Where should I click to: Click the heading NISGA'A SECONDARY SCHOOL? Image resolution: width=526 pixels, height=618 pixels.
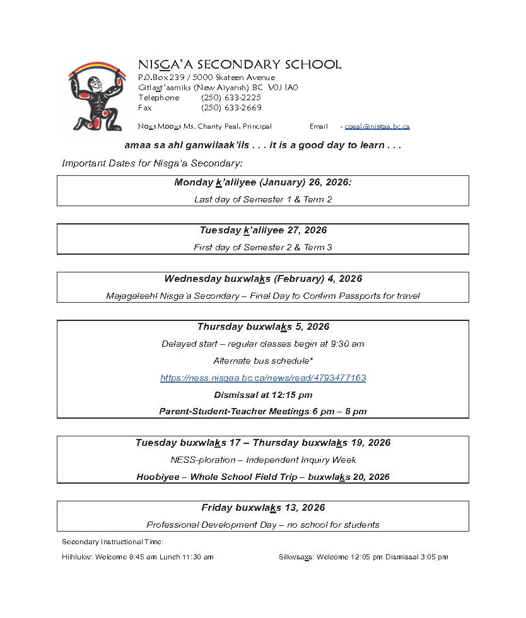(x=240, y=65)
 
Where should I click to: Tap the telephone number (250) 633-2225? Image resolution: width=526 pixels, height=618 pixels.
(x=231, y=98)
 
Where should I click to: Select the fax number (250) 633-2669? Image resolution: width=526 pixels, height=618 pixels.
(x=231, y=108)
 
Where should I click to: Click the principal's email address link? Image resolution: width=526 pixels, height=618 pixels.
(x=377, y=126)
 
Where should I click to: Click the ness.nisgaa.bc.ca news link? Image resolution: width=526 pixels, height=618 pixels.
(x=263, y=378)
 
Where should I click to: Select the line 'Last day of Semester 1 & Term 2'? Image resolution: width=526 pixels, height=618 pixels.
(x=263, y=199)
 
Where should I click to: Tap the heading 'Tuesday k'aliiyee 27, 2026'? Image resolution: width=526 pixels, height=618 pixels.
(x=263, y=230)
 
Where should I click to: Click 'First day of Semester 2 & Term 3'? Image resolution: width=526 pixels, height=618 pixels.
(x=263, y=247)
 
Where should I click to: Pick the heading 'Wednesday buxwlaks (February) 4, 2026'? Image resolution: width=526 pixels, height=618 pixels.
(x=263, y=279)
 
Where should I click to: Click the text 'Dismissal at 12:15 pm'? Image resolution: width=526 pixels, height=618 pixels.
(x=263, y=395)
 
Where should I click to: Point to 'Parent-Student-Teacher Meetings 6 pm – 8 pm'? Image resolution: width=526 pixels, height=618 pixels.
(x=263, y=411)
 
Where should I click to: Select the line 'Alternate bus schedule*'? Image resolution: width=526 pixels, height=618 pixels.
(x=263, y=361)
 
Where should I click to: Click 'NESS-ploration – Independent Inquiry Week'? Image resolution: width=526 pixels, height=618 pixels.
(x=263, y=460)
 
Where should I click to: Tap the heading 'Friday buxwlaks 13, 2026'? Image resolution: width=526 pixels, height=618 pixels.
(x=263, y=508)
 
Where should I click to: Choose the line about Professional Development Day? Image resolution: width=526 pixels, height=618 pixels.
(x=263, y=525)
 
